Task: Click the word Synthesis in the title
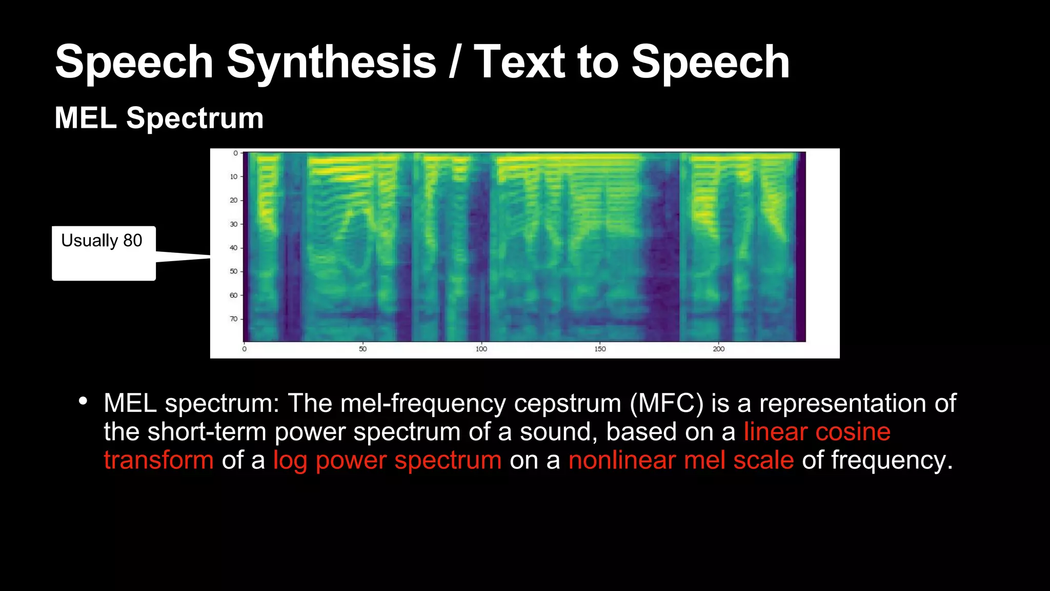(331, 62)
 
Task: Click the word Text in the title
(519, 62)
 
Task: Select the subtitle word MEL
(86, 118)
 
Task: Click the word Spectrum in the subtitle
(195, 118)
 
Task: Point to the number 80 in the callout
(133, 240)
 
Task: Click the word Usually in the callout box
(90, 240)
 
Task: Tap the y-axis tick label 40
(233, 248)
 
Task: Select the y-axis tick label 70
(233, 319)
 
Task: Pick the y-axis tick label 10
(233, 176)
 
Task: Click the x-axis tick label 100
(481, 349)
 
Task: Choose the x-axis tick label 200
(718, 349)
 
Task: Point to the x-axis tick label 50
(362, 349)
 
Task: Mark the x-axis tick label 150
(600, 349)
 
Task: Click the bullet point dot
(83, 401)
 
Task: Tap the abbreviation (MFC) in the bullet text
(667, 403)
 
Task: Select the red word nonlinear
(622, 460)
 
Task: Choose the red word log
(290, 461)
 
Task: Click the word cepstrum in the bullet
(568, 404)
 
